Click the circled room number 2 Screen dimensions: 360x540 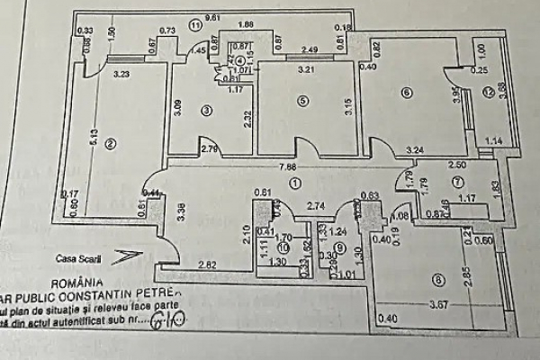(110, 142)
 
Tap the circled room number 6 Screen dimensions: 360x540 (407, 92)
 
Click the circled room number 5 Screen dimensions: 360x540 (302, 100)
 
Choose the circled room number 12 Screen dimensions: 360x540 (487, 91)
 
